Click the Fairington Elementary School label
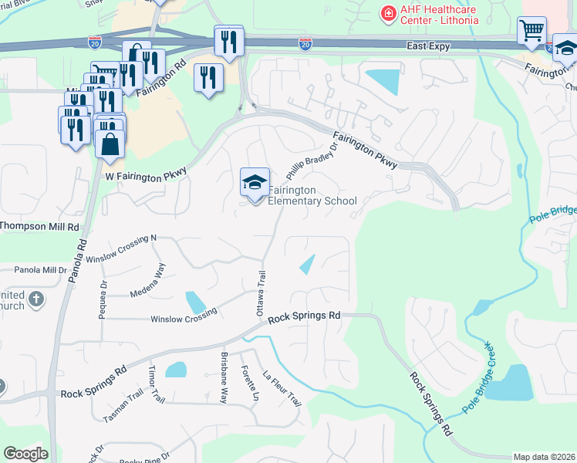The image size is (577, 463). coord(312,195)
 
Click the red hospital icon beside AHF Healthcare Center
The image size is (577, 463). coord(386,13)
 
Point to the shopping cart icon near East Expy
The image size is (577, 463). coord(532,32)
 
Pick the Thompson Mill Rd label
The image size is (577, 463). coord(39,227)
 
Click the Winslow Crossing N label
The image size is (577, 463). coord(121,248)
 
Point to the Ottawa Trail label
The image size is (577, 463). coord(261,294)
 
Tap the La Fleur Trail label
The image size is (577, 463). coord(282,390)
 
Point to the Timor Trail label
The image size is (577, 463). coord(157,384)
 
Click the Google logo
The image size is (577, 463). coord(25,454)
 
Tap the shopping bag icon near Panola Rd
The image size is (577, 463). coord(110,144)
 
